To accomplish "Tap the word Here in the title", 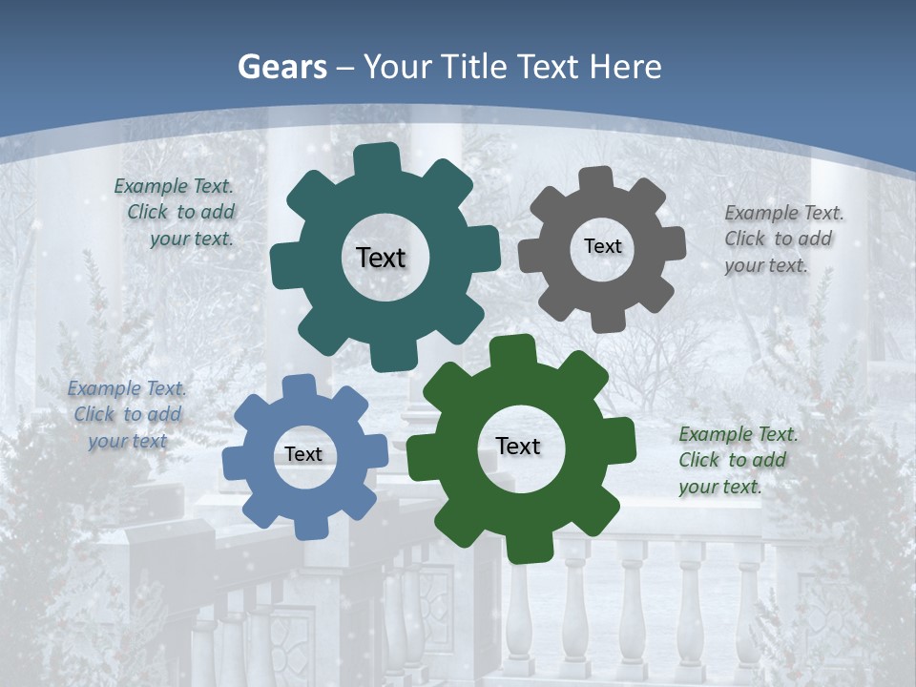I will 625,67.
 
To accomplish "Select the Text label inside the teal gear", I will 381,258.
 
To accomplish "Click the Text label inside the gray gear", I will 602,246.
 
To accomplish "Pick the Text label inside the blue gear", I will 303,454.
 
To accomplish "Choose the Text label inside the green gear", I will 518,446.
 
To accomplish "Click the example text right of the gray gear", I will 782,239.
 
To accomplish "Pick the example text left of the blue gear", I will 127,414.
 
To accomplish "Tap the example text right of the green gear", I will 737,460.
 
